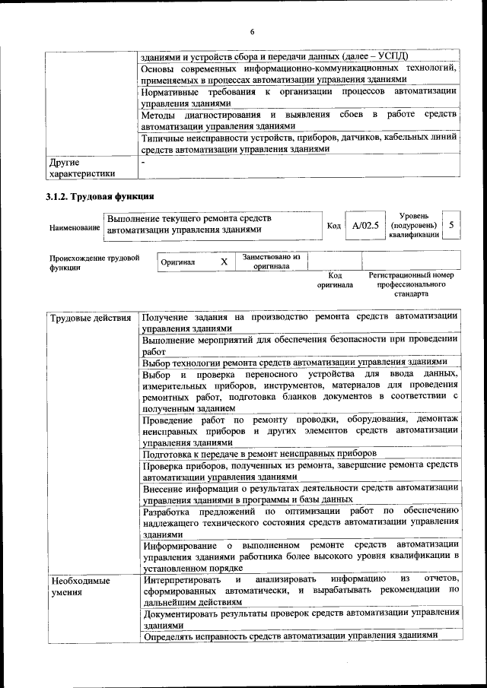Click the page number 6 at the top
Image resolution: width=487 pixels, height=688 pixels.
251,31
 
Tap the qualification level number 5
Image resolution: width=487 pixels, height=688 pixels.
451,226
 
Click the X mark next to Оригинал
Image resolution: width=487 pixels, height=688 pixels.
224,262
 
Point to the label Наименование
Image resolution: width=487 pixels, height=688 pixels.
75,227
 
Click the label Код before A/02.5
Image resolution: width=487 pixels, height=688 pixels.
333,227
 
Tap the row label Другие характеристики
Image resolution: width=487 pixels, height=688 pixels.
81,168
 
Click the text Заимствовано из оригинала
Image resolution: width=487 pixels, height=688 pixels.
272,262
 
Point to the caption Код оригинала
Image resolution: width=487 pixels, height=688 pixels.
335,280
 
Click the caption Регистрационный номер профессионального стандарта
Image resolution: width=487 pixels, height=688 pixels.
411,284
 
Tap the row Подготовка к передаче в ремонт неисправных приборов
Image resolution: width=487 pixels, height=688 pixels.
270,454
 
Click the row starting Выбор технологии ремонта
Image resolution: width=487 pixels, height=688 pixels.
300,363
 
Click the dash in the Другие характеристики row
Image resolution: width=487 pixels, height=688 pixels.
142,162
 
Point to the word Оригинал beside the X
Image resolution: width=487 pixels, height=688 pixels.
178,262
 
